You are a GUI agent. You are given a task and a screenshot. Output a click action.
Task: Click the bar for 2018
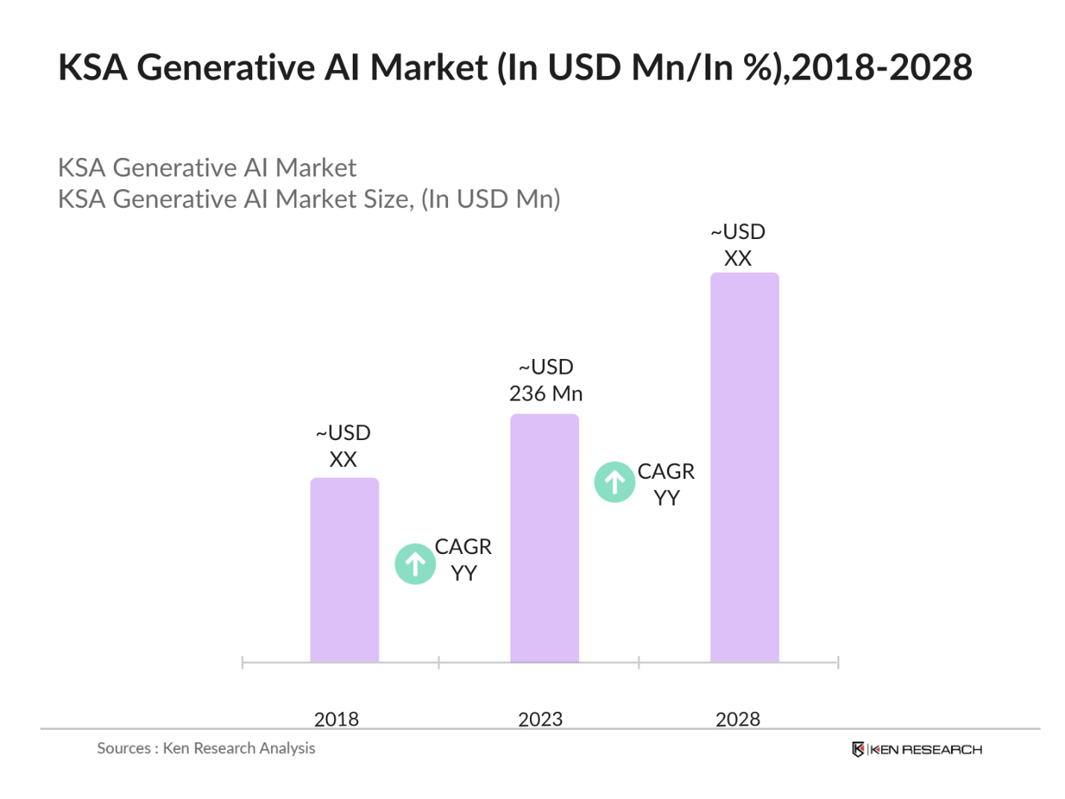click(x=344, y=570)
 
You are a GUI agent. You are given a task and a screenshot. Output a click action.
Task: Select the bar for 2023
click(x=544, y=538)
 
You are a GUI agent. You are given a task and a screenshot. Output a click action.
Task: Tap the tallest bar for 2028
click(x=743, y=467)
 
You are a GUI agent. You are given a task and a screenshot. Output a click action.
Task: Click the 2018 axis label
click(x=336, y=719)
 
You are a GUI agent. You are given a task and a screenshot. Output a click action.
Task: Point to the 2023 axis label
click(x=540, y=719)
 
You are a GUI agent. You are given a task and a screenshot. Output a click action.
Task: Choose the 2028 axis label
click(x=737, y=719)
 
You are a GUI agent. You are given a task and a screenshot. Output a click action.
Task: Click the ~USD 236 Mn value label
click(x=546, y=380)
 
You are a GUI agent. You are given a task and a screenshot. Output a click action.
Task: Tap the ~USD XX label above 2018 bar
click(x=343, y=445)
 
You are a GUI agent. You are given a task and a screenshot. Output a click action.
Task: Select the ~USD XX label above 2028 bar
click(x=738, y=245)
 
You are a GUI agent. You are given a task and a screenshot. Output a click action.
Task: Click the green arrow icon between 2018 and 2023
click(x=415, y=564)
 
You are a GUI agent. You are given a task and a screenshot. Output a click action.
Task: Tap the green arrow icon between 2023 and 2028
click(x=614, y=482)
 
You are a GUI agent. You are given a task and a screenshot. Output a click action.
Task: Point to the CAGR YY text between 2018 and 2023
click(x=463, y=559)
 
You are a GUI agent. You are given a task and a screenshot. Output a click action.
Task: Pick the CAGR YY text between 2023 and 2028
click(x=665, y=484)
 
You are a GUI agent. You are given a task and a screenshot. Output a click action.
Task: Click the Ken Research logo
click(x=916, y=749)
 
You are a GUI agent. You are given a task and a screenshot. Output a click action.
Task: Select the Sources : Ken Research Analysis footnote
click(x=206, y=748)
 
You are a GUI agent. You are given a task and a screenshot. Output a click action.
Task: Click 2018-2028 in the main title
click(x=882, y=68)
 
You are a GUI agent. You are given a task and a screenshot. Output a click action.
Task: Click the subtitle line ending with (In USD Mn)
click(x=309, y=199)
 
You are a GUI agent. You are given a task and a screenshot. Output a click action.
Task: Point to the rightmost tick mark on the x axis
click(x=838, y=662)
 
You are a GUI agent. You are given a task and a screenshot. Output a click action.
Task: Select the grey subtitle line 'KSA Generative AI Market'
click(x=207, y=168)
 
